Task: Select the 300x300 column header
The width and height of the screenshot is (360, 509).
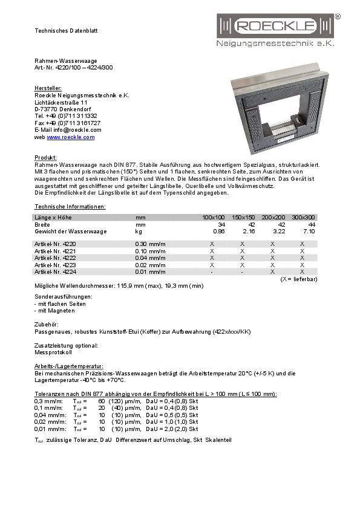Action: pyautogui.click(x=303, y=217)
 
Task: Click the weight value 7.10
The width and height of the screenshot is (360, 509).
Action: pyautogui.click(x=309, y=232)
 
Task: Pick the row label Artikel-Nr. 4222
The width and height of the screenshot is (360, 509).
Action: pyautogui.click(x=55, y=258)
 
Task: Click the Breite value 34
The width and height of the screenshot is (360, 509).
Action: pyautogui.click(x=221, y=224)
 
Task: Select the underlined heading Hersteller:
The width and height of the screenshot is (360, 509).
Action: pyautogui.click(x=48, y=88)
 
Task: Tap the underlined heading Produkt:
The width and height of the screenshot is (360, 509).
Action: pyautogui.click(x=46, y=157)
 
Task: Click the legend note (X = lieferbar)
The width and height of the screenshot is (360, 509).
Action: pyautogui.click(x=298, y=279)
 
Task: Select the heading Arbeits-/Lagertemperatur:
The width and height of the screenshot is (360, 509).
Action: pyautogui.click(x=69, y=366)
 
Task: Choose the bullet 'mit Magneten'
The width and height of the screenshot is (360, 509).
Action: pyautogui.click(x=56, y=311)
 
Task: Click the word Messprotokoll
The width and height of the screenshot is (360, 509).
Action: pyautogui.click(x=53, y=352)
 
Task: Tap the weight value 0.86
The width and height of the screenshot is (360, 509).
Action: pyautogui.click(x=219, y=232)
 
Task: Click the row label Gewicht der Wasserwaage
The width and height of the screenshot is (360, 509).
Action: pyautogui.click(x=71, y=232)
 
